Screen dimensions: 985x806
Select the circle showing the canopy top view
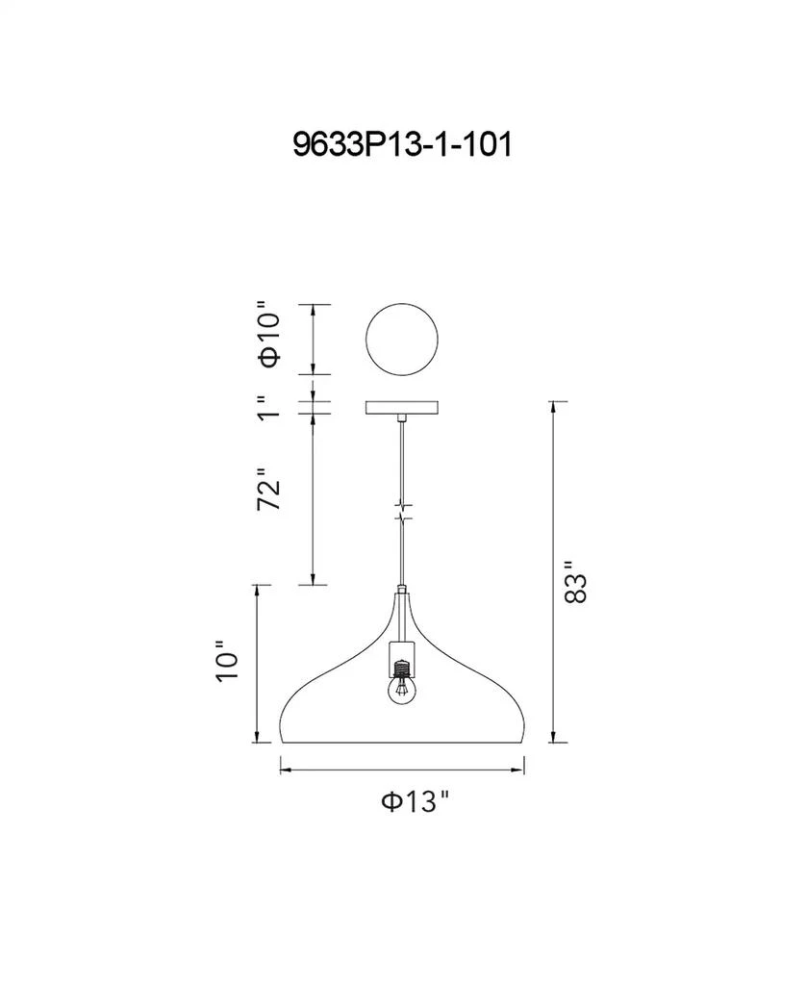(x=402, y=340)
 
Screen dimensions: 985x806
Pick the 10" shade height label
(x=227, y=662)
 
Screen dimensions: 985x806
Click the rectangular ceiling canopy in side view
(x=402, y=409)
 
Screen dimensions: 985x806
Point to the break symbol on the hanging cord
(x=402, y=511)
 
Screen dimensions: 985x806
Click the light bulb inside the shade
(x=401, y=689)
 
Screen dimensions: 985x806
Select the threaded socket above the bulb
(x=401, y=664)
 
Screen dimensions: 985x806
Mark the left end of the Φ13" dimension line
(x=280, y=767)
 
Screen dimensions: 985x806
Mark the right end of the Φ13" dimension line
(x=525, y=767)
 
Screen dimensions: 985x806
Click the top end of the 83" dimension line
(x=552, y=402)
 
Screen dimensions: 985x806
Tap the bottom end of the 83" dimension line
(x=552, y=742)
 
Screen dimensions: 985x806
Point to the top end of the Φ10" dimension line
(x=312, y=305)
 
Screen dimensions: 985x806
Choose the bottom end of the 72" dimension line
(x=312, y=584)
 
